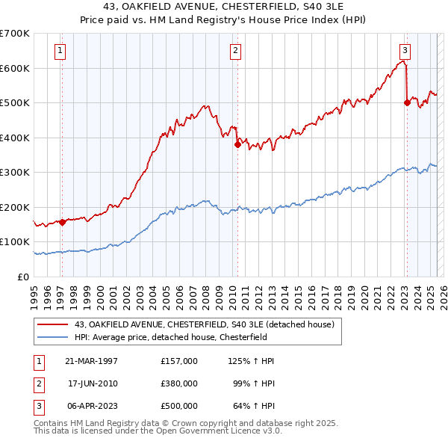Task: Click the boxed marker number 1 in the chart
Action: pos(60,51)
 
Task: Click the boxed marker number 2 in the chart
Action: pos(235,51)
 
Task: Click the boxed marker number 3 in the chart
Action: pos(405,51)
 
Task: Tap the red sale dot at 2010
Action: pos(237,145)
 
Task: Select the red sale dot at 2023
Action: pos(407,103)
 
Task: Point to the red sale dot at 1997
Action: pos(63,222)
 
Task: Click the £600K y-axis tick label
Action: pos(15,68)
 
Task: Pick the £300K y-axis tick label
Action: pos(15,173)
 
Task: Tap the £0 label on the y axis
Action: pos(22,277)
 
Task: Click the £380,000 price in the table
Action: pos(178,383)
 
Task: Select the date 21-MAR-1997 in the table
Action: pos(92,361)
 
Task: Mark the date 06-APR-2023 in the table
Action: pos(92,406)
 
